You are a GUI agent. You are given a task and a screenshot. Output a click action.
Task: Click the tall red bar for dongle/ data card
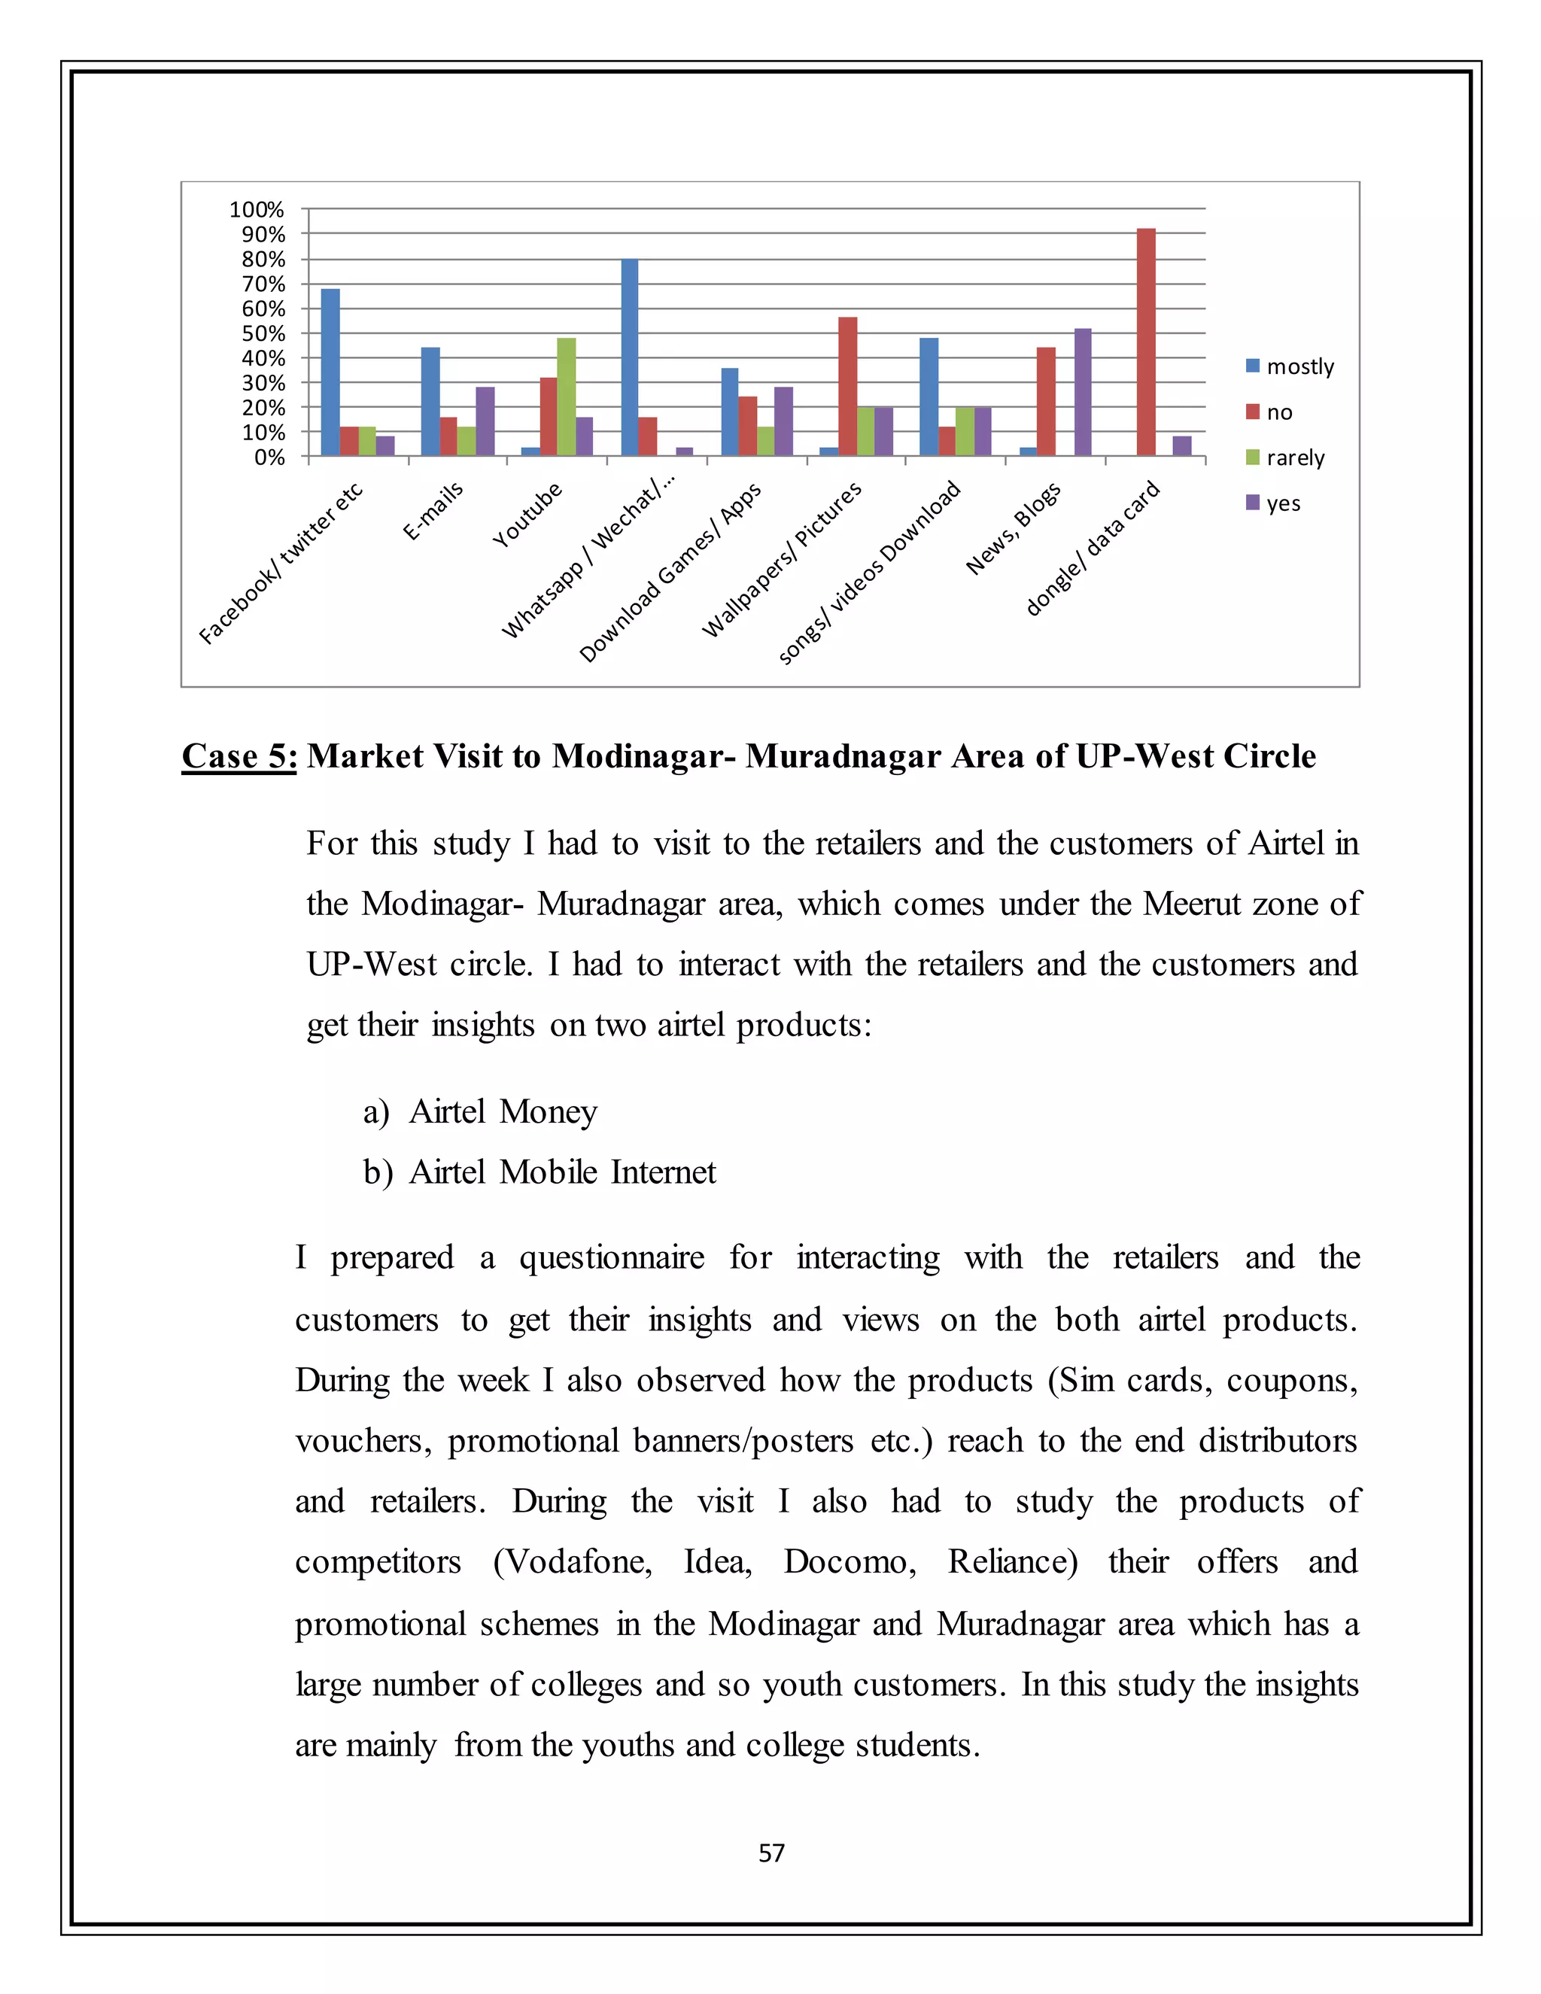(x=1146, y=342)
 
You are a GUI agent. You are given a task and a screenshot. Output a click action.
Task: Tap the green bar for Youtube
(x=566, y=397)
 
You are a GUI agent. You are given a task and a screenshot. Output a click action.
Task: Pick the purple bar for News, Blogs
(x=1083, y=392)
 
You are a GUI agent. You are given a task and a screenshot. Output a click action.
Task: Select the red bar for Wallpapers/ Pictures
(x=847, y=386)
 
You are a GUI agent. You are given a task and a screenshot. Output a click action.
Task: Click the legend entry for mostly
(x=1289, y=366)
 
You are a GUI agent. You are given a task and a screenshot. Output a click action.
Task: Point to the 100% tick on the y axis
(x=257, y=210)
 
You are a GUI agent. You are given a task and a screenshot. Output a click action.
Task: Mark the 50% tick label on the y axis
(x=262, y=334)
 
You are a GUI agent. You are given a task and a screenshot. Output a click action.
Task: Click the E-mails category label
(x=433, y=511)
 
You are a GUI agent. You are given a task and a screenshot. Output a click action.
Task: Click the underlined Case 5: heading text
(x=239, y=756)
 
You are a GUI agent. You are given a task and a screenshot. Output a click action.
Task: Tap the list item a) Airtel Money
(x=480, y=1111)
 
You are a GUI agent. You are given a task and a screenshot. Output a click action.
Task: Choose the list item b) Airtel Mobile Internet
(x=540, y=1172)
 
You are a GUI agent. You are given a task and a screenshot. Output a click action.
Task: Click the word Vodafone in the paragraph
(x=577, y=1562)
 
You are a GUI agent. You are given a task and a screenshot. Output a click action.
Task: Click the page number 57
(x=771, y=1853)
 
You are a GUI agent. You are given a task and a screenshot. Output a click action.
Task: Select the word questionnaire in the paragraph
(x=612, y=1258)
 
